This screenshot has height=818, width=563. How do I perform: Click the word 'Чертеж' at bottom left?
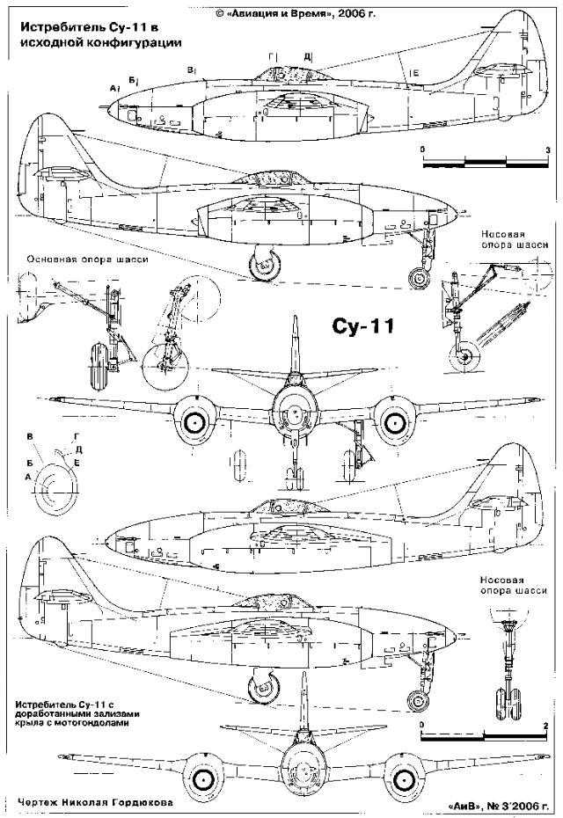click(x=39, y=803)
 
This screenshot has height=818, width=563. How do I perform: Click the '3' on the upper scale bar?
click(x=547, y=150)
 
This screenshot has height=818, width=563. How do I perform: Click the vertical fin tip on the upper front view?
click(x=296, y=319)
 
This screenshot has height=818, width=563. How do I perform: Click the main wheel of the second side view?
click(x=265, y=263)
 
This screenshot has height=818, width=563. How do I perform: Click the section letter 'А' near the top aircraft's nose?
click(x=113, y=89)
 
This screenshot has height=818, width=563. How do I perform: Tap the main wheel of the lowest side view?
click(x=262, y=687)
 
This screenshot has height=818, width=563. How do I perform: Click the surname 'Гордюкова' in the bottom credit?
click(x=140, y=803)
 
